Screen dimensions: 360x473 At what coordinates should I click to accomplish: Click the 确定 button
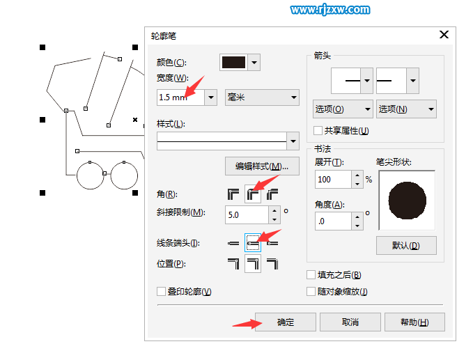pyautogui.click(x=286, y=322)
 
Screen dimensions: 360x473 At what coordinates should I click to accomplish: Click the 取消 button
pyautogui.click(x=350, y=322)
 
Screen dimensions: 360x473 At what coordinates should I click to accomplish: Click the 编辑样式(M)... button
pyautogui.click(x=262, y=166)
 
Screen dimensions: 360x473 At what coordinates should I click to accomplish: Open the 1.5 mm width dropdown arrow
pyautogui.click(x=211, y=97)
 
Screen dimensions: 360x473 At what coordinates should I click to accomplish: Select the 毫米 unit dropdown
pyautogui.click(x=263, y=97)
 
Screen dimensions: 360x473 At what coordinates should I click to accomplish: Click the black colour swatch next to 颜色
pyautogui.click(x=233, y=62)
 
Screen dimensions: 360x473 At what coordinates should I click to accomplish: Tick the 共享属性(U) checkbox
pyautogui.click(x=318, y=130)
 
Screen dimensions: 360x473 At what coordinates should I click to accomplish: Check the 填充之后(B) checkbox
pyautogui.click(x=311, y=275)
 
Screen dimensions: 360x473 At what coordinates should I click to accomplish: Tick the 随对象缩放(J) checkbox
pyautogui.click(x=311, y=292)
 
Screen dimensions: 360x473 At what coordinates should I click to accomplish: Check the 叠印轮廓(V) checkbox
pyautogui.click(x=162, y=292)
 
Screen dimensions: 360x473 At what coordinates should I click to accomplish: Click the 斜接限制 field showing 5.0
pyautogui.click(x=247, y=214)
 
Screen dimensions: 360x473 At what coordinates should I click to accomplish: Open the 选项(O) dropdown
pyautogui.click(x=343, y=109)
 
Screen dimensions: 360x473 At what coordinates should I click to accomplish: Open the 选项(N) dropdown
pyautogui.click(x=406, y=109)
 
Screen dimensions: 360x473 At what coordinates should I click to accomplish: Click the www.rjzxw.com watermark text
pyautogui.click(x=329, y=10)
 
